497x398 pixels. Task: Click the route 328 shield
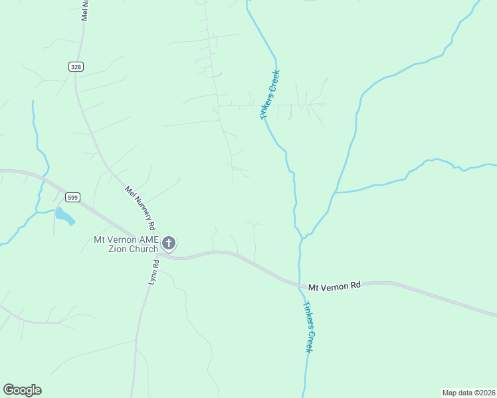click(x=76, y=67)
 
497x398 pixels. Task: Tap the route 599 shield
click(x=73, y=197)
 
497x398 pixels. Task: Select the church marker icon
click(x=169, y=243)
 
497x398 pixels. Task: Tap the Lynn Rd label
click(x=153, y=273)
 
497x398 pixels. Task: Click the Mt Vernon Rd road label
click(x=334, y=285)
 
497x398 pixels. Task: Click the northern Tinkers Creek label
click(x=270, y=95)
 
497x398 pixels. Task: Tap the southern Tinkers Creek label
click(x=308, y=328)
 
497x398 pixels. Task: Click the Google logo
click(x=22, y=390)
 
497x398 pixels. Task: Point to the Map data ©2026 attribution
click(x=468, y=392)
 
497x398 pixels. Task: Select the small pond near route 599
click(x=64, y=216)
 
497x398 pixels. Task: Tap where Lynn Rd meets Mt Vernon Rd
click(x=160, y=254)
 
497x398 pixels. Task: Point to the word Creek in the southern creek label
click(x=310, y=339)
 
